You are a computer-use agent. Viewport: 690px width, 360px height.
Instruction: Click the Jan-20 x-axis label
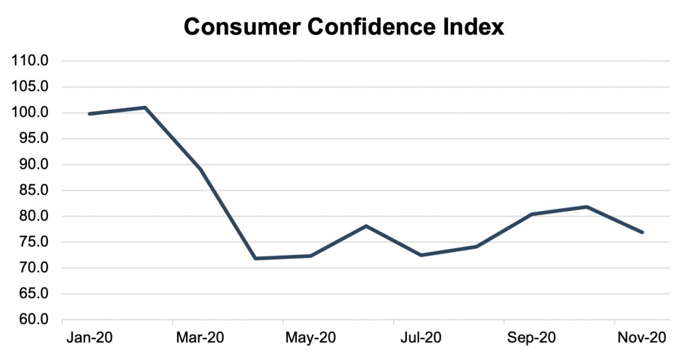click(x=90, y=338)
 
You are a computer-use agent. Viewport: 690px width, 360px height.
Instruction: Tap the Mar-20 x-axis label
click(x=199, y=338)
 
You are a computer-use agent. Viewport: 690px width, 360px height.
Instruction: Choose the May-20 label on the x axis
click(x=310, y=338)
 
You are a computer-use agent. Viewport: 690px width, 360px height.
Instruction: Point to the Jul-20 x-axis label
click(x=421, y=338)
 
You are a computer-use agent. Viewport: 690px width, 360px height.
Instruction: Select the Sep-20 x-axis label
click(x=531, y=338)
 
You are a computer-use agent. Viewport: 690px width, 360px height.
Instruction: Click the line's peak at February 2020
click(x=145, y=107)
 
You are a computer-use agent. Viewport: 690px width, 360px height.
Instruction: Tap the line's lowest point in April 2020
click(x=255, y=258)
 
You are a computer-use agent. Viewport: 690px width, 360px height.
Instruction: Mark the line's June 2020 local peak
click(x=366, y=226)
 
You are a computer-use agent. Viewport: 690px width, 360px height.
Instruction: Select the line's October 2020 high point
click(x=587, y=206)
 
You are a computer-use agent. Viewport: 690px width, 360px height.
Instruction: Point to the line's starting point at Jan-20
click(x=90, y=114)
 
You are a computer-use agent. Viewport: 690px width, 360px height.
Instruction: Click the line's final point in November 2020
click(x=642, y=233)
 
